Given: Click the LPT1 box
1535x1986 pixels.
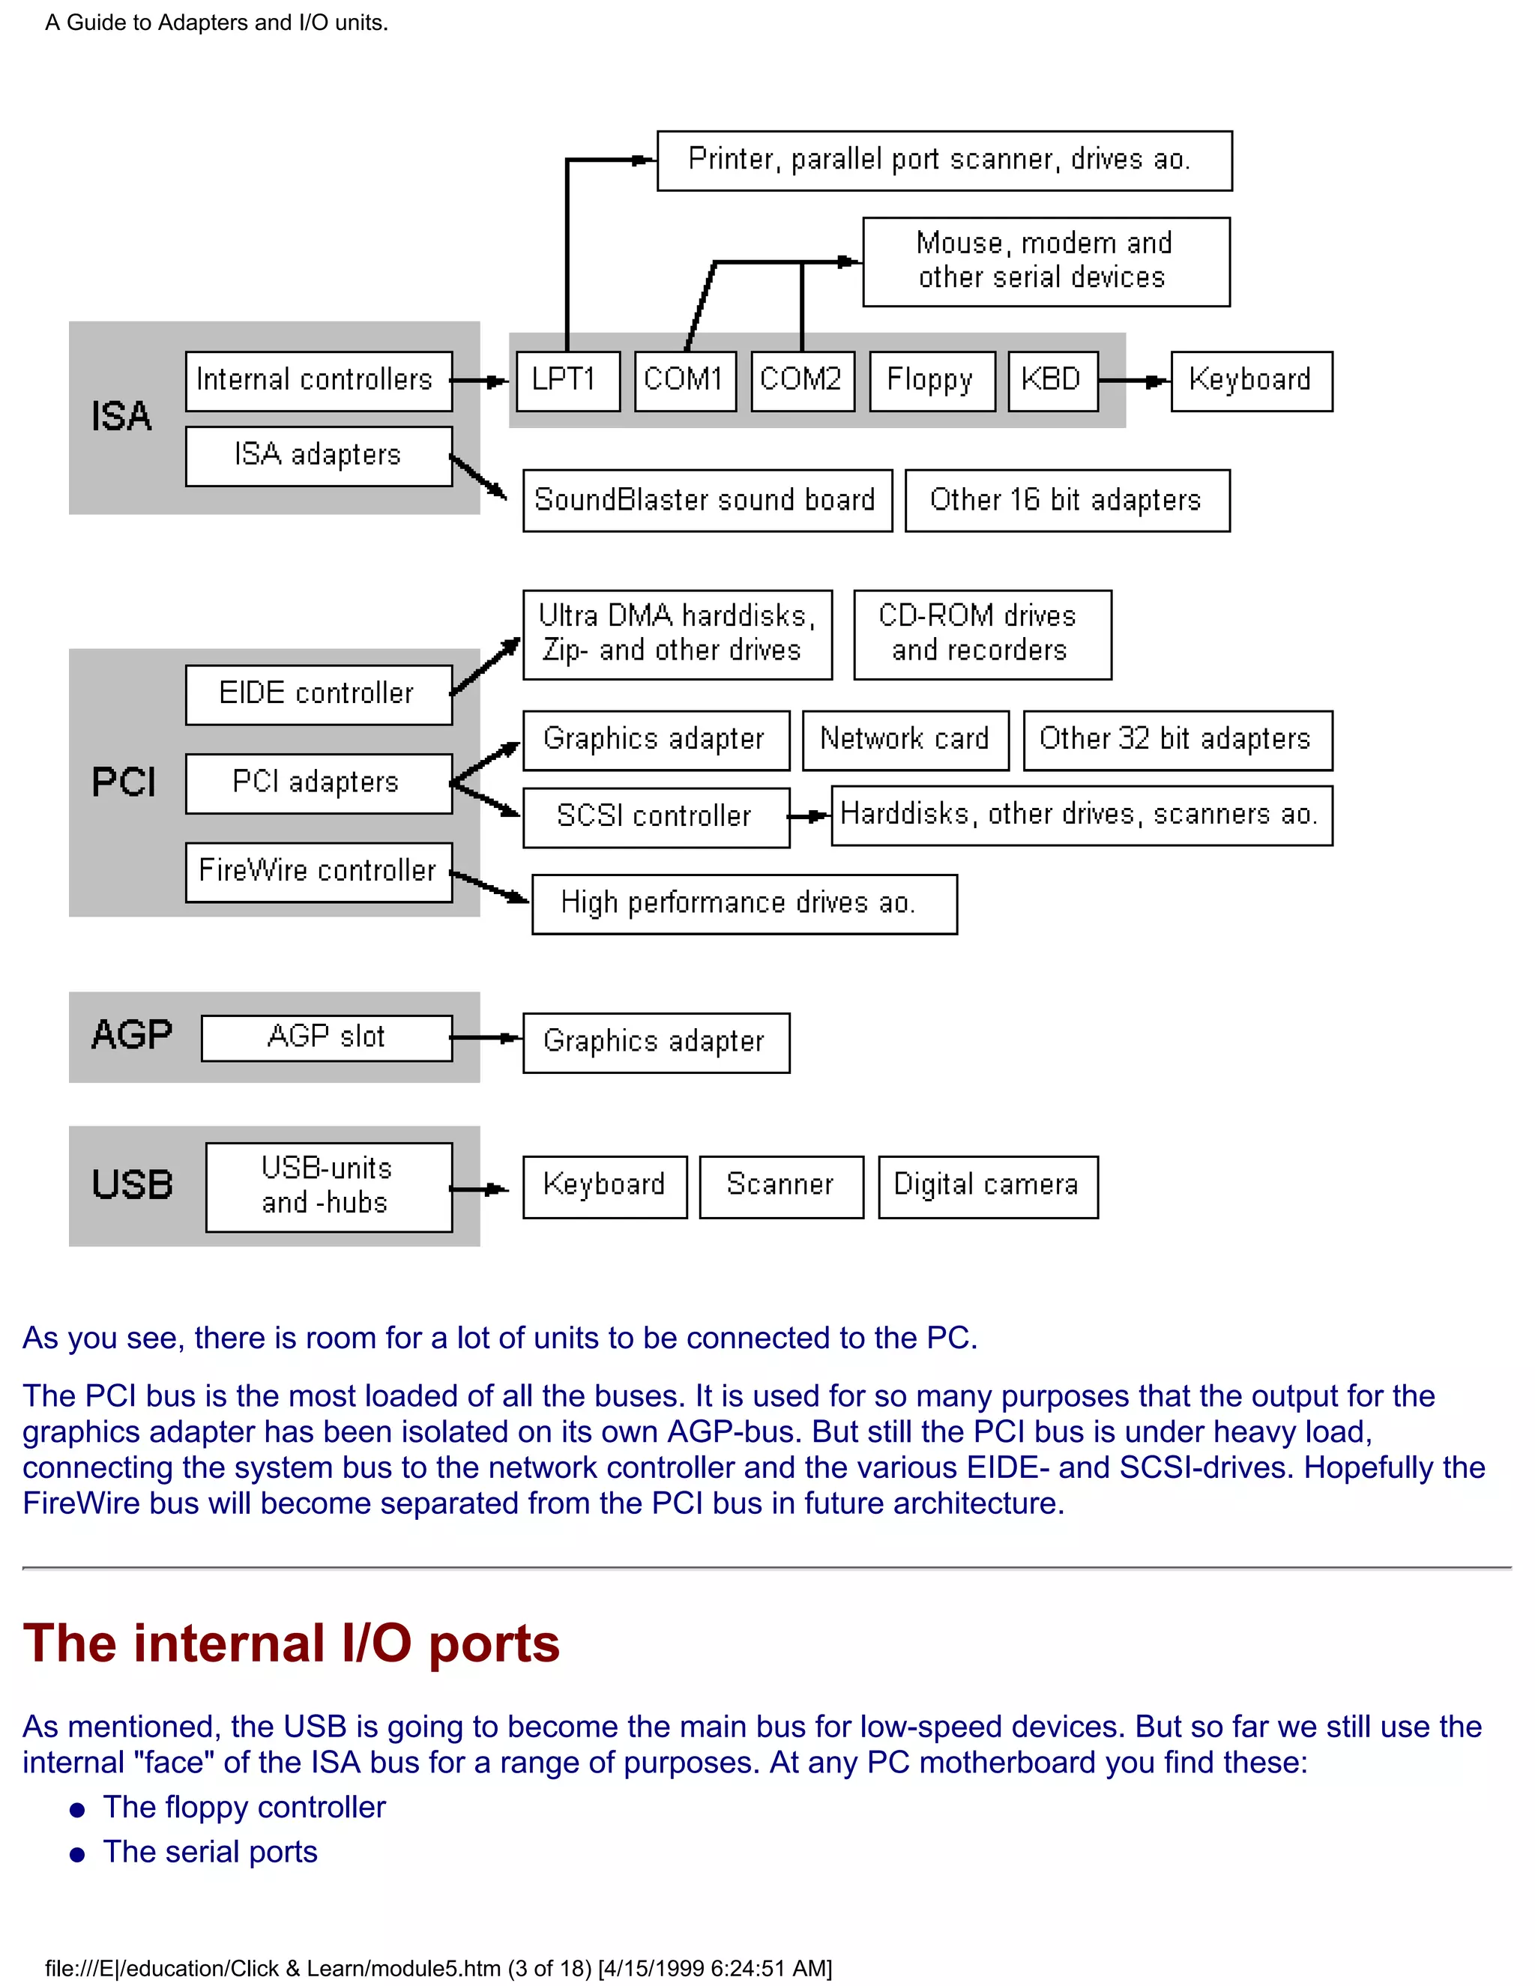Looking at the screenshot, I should [x=567, y=380].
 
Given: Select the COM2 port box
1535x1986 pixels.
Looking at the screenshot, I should [x=802, y=380].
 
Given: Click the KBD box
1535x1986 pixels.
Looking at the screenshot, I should [x=1053, y=380].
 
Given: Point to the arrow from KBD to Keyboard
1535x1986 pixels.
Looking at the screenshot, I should [x=1134, y=381].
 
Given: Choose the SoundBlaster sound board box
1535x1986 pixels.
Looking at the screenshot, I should [x=707, y=500].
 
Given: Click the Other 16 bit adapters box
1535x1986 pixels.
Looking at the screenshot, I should [x=1067, y=500].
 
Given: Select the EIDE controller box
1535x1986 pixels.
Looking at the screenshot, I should [x=319, y=694].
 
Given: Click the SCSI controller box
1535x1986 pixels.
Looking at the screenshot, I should [x=656, y=817].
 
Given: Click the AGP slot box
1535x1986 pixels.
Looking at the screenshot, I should [x=327, y=1037].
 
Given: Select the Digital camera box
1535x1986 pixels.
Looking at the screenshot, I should [x=988, y=1186].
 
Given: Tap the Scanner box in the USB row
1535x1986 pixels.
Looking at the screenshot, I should [x=780, y=1186].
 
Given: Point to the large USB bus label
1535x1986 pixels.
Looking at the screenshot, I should [x=132, y=1185].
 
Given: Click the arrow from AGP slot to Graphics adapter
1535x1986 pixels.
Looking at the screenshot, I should [x=486, y=1037].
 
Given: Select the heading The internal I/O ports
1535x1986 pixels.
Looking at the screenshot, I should [x=291, y=1644].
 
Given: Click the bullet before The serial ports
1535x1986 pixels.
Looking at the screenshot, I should [x=77, y=1854].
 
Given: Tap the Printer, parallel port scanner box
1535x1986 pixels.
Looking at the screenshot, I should [x=943, y=160].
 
